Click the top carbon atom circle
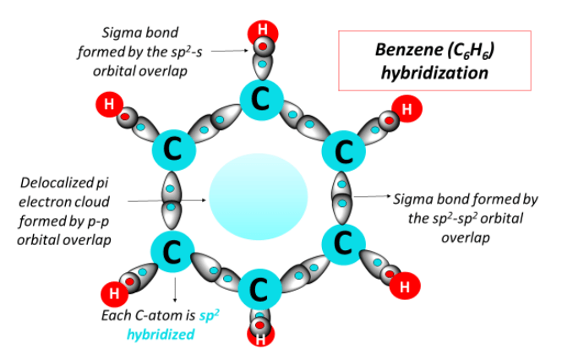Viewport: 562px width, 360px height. (261, 98)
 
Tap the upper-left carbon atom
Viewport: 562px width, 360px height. (174, 150)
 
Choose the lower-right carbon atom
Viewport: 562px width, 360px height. (342, 244)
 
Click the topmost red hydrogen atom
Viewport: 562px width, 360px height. (262, 32)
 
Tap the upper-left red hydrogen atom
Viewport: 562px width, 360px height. (109, 106)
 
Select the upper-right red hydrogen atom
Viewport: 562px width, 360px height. (406, 109)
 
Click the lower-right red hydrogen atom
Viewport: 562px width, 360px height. (404, 287)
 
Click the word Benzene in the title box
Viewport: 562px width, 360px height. (405, 51)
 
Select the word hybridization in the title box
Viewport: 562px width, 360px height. (434, 73)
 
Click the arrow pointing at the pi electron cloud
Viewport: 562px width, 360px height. (166, 201)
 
